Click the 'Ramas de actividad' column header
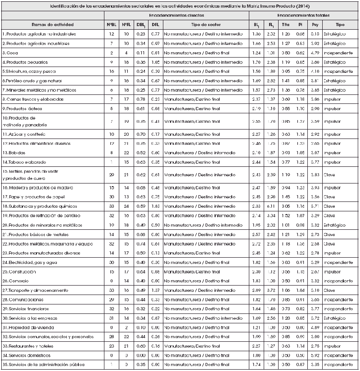pos(52,24)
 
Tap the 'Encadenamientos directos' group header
pos(175,15)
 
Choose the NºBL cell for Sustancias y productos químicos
pos(111,206)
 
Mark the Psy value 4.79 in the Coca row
pos(315,53)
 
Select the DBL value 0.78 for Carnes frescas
pos(140,99)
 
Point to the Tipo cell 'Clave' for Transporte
pos(329,290)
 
